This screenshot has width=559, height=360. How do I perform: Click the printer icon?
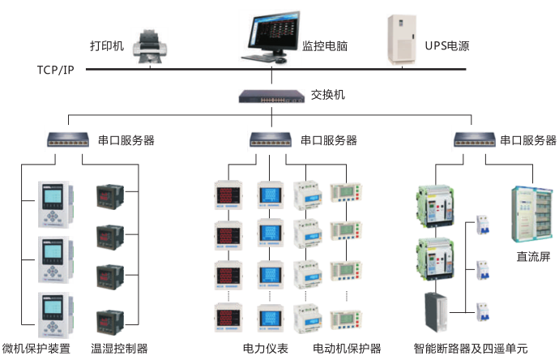coord(150,46)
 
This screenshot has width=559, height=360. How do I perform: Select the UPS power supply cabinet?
coord(402,40)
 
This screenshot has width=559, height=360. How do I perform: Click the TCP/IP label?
coord(56,70)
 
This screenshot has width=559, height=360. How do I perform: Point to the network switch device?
coord(271,96)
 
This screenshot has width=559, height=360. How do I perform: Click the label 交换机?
coord(327,95)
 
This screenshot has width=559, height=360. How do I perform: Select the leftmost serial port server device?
coord(68,139)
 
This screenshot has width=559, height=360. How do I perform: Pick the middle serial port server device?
coord(271,139)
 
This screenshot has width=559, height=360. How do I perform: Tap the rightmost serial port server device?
coord(475,139)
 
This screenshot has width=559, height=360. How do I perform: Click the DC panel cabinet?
coord(532,214)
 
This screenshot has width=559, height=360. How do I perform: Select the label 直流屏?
coord(533,256)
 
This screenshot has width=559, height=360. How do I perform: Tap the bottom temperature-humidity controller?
coord(110,322)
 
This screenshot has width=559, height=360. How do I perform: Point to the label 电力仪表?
coord(265,349)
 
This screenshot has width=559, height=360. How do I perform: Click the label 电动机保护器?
coord(347,349)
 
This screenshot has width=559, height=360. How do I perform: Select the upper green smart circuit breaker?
coord(434,206)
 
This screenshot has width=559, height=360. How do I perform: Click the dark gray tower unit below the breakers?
coord(436,312)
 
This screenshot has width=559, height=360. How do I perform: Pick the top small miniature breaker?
coord(483,225)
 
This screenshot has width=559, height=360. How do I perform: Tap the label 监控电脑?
coord(325,46)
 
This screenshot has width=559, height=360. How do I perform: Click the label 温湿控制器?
coord(119,349)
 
